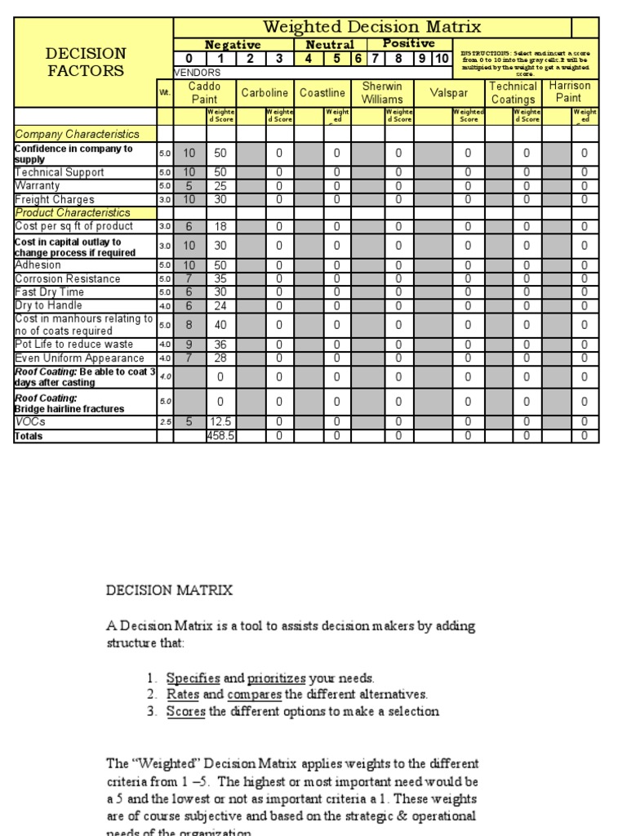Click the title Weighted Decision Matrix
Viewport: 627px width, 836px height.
[372, 28]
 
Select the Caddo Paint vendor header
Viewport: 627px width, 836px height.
[204, 92]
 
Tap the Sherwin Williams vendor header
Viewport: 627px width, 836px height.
[382, 92]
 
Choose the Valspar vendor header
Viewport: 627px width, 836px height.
[449, 93]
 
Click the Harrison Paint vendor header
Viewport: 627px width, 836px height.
[569, 92]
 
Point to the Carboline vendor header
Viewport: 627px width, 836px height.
[266, 93]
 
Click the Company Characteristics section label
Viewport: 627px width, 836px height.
[78, 134]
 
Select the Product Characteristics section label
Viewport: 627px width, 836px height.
[73, 212]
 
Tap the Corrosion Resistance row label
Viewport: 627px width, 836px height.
[68, 278]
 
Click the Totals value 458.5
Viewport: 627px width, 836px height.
[220, 436]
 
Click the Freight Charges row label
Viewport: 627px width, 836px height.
[55, 199]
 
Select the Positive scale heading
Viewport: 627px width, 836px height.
[408, 43]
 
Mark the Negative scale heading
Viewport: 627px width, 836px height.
[233, 45]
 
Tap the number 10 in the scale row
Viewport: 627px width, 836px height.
[441, 58]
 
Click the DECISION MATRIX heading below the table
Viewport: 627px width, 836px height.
[169, 590]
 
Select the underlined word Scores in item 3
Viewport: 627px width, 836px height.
[186, 711]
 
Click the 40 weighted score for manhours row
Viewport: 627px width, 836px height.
[220, 325]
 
